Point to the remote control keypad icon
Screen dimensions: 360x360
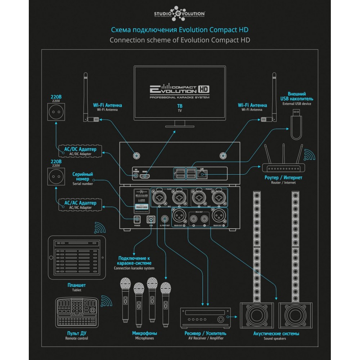tap(78, 311)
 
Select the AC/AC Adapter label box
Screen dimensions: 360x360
tap(80, 205)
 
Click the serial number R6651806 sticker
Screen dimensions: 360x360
tap(141, 207)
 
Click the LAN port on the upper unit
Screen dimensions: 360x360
tap(203, 175)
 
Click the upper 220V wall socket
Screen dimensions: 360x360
tap(56, 111)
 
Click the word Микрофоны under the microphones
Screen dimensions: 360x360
tap(144, 333)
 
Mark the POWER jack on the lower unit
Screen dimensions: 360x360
tap(137, 219)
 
